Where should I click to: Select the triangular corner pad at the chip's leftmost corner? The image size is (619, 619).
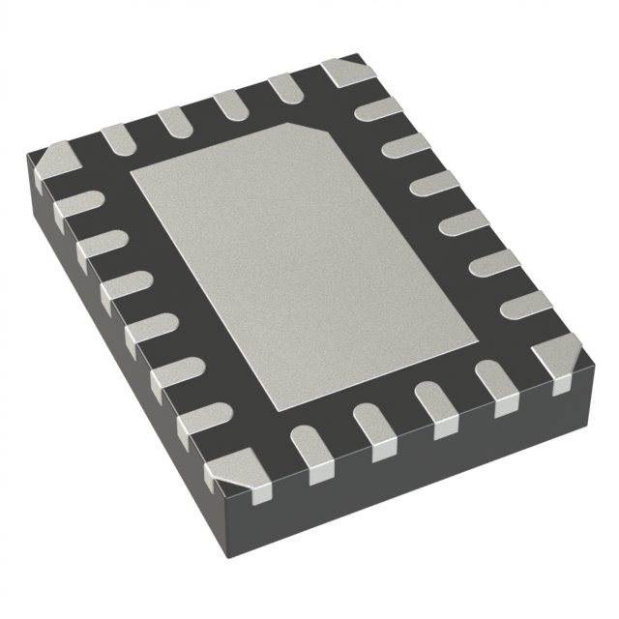point(53,164)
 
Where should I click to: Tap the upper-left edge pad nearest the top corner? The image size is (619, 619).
point(286,88)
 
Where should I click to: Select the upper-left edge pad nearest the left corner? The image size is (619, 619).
point(116,139)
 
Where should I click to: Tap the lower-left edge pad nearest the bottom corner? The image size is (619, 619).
point(199,422)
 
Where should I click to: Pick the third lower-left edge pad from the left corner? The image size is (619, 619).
point(124,288)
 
